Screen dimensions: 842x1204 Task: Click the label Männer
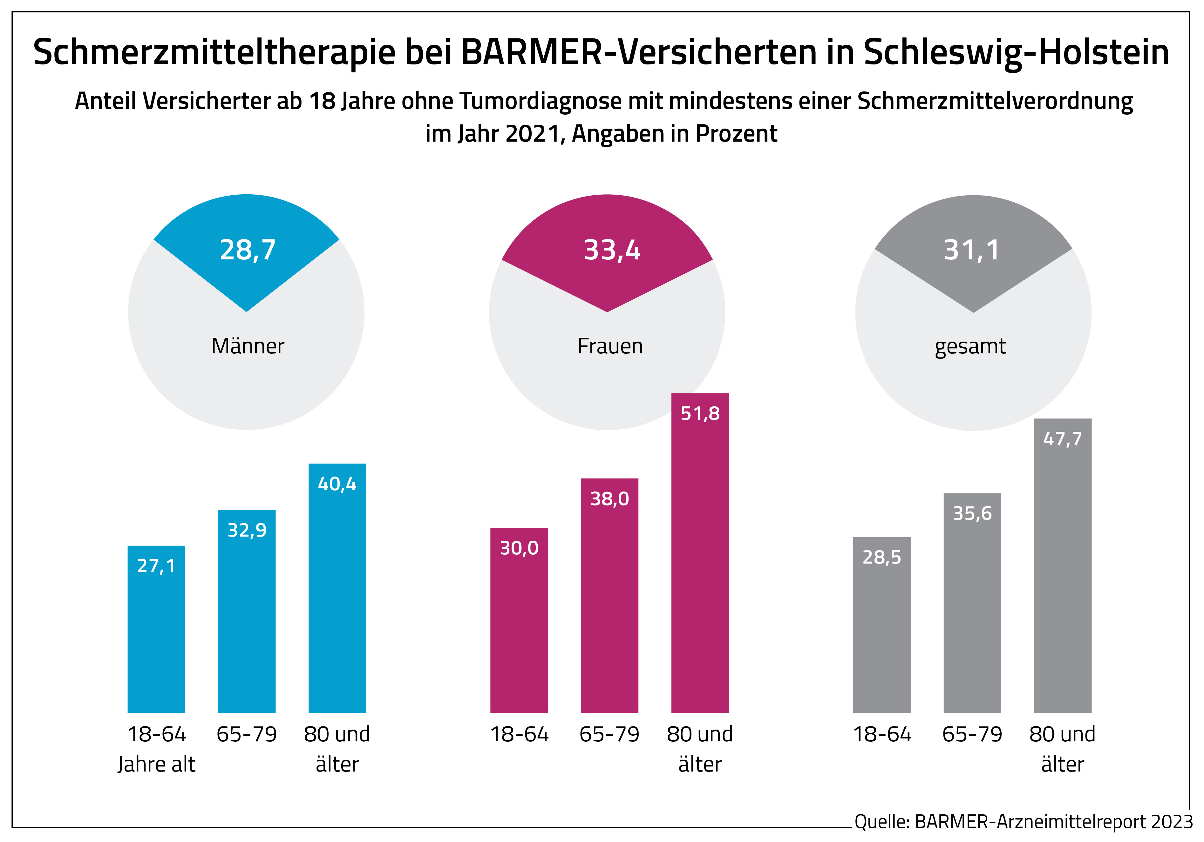click(x=248, y=346)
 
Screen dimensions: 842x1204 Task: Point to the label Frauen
click(x=610, y=346)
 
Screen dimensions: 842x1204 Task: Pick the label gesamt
click(x=970, y=346)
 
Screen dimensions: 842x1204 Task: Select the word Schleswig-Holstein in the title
click(x=1016, y=52)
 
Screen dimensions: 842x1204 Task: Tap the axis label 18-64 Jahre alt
click(x=156, y=749)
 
